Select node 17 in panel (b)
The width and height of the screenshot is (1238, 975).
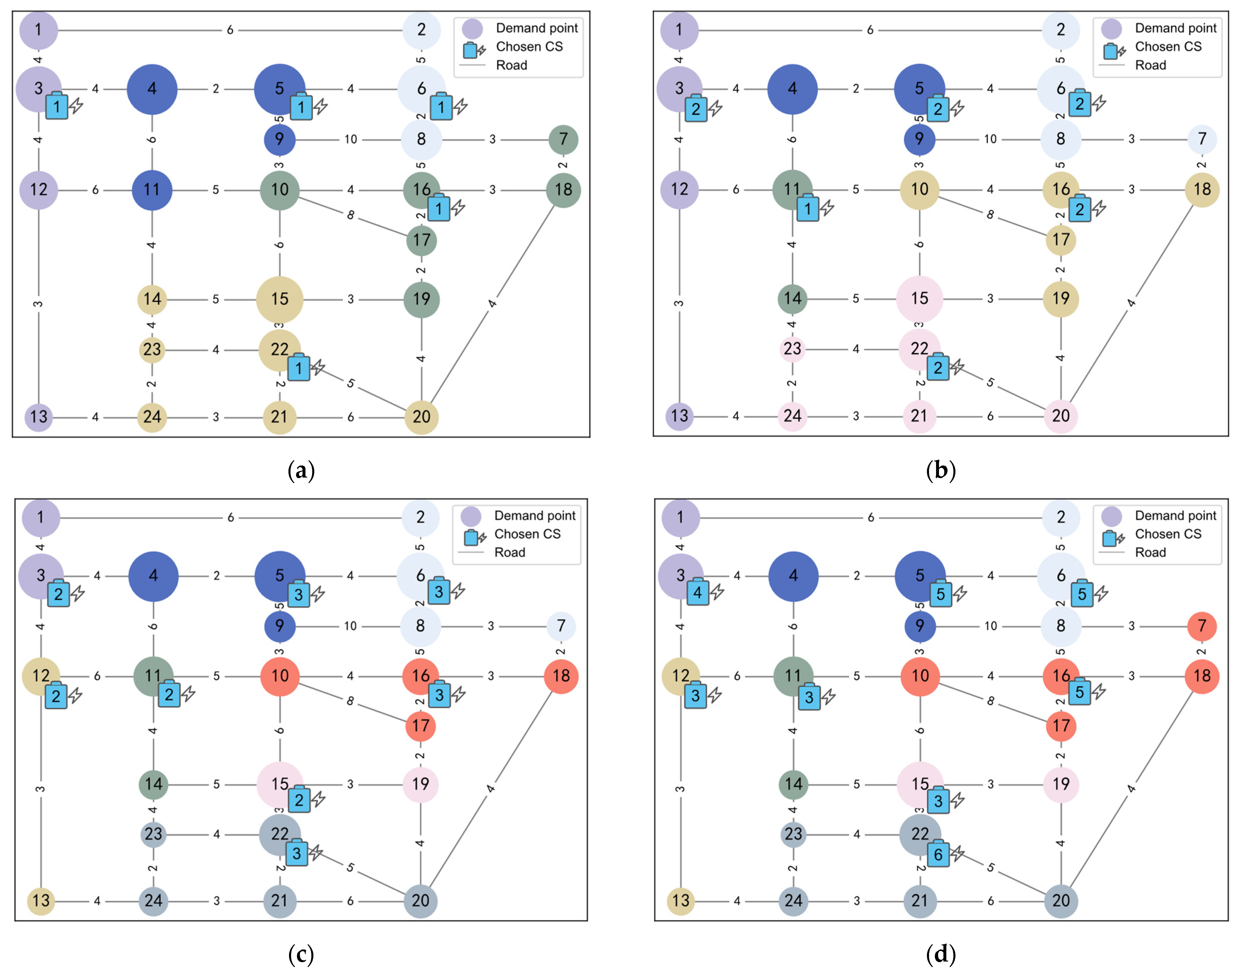point(1060,240)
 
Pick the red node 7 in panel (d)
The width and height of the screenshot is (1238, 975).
point(1201,626)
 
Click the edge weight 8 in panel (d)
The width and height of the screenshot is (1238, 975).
point(990,700)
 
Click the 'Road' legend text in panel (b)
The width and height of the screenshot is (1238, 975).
point(1150,65)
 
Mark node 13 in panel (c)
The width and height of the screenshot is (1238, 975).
point(41,900)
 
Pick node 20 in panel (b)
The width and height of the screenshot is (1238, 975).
point(1060,416)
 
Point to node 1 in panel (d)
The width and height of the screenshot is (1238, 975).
point(680,517)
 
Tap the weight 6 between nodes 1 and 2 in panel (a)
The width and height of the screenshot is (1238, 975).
point(230,30)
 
